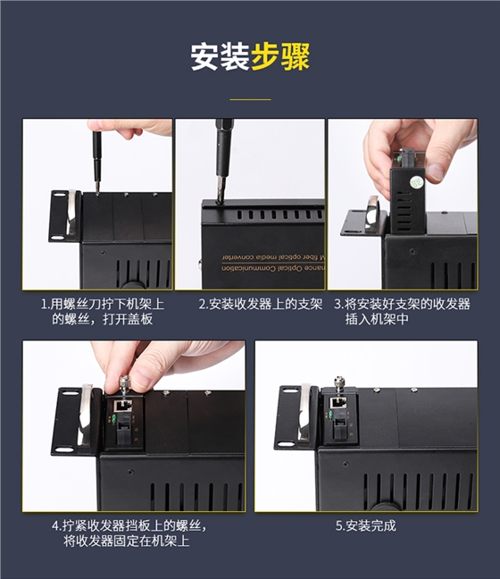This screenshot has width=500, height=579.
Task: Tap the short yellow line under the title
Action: point(250,98)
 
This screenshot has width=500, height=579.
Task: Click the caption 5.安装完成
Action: point(365,525)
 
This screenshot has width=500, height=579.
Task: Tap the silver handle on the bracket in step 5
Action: point(303,412)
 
